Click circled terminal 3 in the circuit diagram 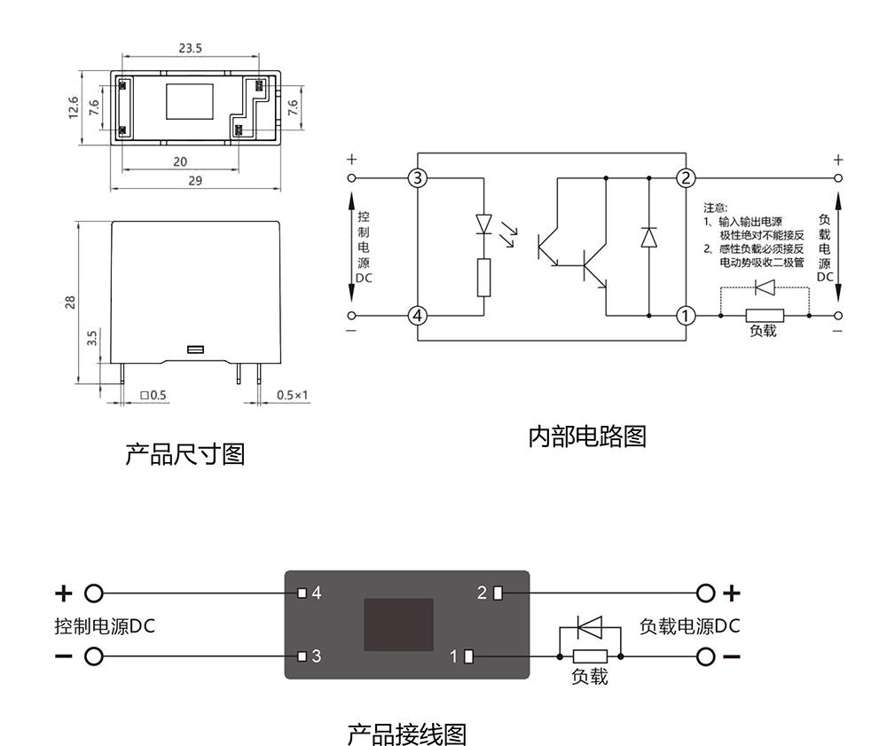418,178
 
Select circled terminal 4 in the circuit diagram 418,316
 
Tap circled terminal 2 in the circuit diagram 686,178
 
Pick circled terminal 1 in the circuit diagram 686,316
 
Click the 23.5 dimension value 190,48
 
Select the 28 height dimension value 70,302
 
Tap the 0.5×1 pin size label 292,394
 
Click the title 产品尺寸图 184,455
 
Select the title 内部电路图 587,436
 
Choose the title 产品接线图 406,734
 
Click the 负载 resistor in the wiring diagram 590,657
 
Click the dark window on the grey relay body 399,624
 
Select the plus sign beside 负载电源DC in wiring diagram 732,593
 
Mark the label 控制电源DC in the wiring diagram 105,626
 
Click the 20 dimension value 180,161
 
